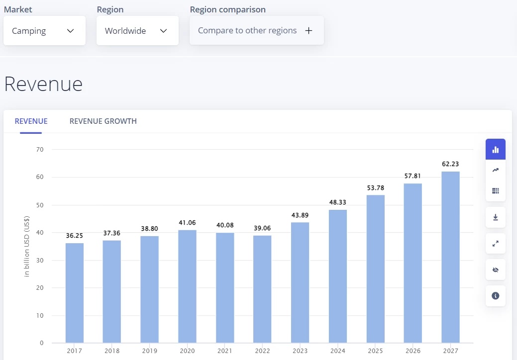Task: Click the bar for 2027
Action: pyautogui.click(x=450, y=257)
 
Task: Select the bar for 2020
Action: pyautogui.click(x=187, y=286)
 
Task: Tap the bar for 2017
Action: pyautogui.click(x=74, y=293)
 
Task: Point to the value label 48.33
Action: pyautogui.click(x=338, y=202)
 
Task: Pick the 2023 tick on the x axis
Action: pyautogui.click(x=300, y=351)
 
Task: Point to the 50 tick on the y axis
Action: pyautogui.click(x=40, y=205)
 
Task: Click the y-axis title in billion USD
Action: pyautogui.click(x=27, y=246)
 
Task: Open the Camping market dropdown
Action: pyautogui.click(x=44, y=31)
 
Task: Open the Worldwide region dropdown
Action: pyautogui.click(x=137, y=31)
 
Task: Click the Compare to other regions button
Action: pyautogui.click(x=256, y=31)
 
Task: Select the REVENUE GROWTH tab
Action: pyautogui.click(x=103, y=121)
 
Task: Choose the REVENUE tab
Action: pyautogui.click(x=31, y=121)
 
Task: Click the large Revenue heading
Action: pyautogui.click(x=43, y=84)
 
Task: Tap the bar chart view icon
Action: pyautogui.click(x=495, y=149)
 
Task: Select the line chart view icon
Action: pyautogui.click(x=495, y=170)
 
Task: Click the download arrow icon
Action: pyautogui.click(x=495, y=217)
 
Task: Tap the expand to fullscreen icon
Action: pyautogui.click(x=495, y=244)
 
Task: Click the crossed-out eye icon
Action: pyautogui.click(x=495, y=270)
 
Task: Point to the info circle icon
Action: pyautogui.click(x=495, y=296)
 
